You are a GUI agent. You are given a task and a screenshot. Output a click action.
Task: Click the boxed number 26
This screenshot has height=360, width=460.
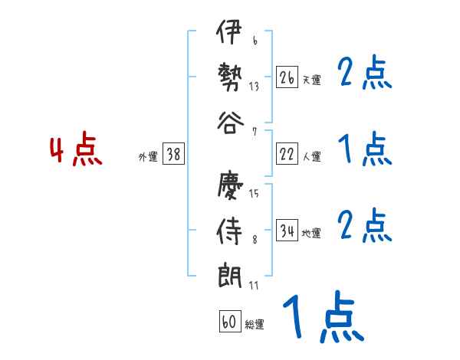click(287, 77)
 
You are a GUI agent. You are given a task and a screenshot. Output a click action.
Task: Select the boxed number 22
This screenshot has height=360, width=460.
click(287, 154)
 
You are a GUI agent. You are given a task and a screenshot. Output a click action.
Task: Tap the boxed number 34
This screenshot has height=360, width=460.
click(287, 231)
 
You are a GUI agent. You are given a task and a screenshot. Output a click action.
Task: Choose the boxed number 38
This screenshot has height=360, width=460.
click(173, 154)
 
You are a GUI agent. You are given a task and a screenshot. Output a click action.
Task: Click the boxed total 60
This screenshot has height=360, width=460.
click(229, 322)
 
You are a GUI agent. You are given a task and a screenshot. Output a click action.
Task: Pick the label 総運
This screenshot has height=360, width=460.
click(255, 325)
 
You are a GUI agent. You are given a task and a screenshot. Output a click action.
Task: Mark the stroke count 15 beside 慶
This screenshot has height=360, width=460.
click(254, 194)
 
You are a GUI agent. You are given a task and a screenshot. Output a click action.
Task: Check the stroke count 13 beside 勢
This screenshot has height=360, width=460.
click(254, 86)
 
